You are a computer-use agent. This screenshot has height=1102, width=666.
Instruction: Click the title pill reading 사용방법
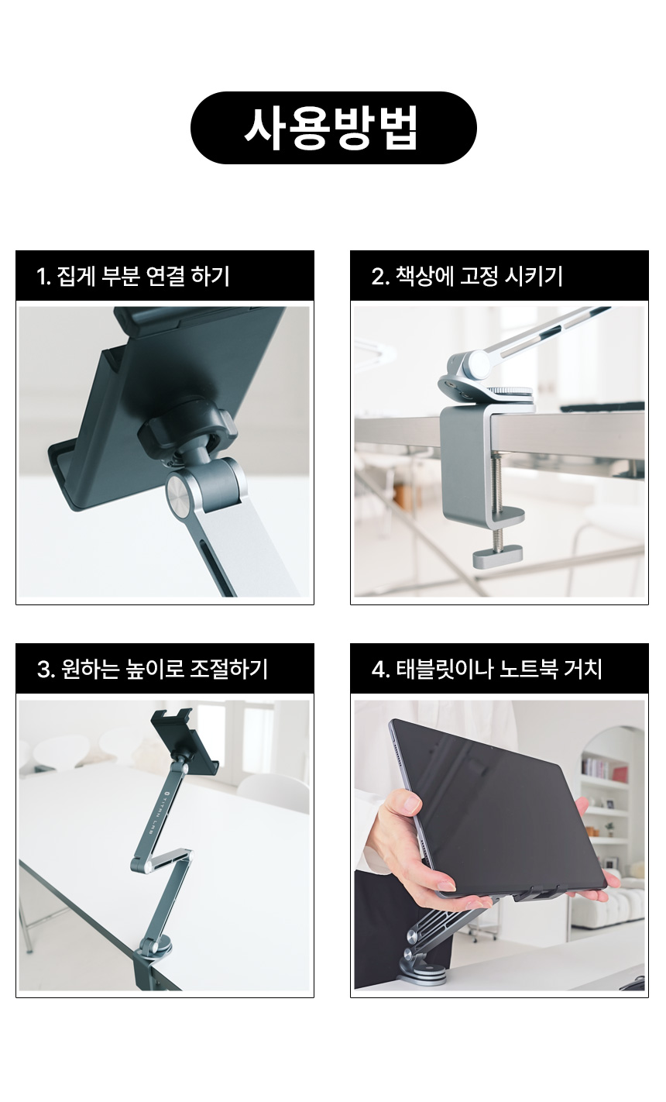point(333,127)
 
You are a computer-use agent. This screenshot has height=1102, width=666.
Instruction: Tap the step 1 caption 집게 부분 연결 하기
point(143,276)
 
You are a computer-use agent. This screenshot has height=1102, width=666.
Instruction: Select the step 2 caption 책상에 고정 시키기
point(479,276)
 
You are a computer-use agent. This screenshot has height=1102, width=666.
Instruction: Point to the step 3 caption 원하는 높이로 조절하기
point(165,669)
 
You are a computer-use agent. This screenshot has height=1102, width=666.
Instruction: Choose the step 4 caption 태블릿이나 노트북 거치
point(499,669)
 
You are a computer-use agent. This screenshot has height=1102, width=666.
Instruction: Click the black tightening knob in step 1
point(187,427)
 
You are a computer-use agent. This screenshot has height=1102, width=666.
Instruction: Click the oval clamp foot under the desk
point(497,556)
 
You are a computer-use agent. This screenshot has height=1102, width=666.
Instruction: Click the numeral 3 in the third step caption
point(43,670)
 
